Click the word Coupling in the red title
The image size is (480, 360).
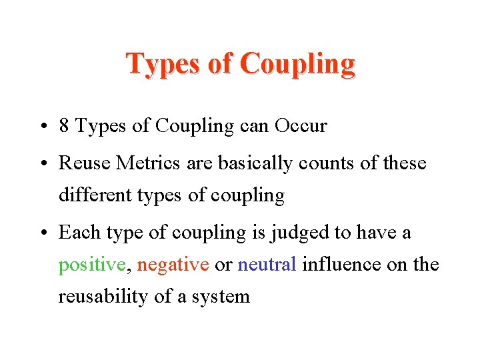[x=297, y=64]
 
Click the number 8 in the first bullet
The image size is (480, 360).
[x=65, y=126]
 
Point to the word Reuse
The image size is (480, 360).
[x=80, y=163]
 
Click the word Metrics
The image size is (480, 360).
[x=141, y=163]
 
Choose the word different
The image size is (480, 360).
[x=90, y=195]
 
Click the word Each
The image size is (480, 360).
[x=76, y=232]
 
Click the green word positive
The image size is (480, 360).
[x=91, y=265]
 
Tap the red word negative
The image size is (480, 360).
[x=173, y=265]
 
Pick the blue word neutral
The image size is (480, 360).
[x=267, y=265]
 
